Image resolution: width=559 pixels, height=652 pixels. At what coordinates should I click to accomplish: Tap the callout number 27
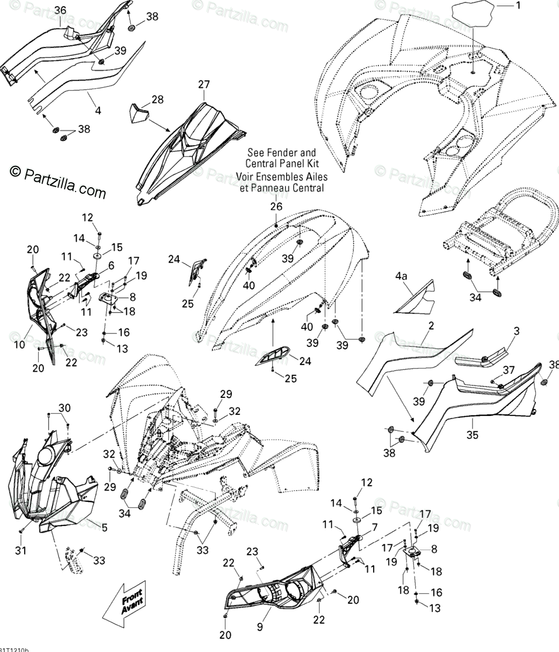tap(203, 84)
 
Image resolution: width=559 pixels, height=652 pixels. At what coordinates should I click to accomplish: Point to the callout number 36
tap(60, 10)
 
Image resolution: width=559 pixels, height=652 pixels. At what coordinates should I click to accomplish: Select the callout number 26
tap(276, 206)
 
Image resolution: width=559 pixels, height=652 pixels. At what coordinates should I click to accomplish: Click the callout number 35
tap(472, 435)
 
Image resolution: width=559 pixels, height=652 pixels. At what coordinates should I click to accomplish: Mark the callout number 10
tap(19, 345)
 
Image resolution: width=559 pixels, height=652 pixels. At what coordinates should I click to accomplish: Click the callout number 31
tap(21, 550)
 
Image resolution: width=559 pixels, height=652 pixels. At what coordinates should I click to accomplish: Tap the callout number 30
tap(65, 407)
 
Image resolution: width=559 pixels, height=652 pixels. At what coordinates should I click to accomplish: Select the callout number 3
tap(516, 331)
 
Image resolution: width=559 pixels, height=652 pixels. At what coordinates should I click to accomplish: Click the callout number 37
tap(509, 371)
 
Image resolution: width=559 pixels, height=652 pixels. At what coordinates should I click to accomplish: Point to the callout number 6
tap(111, 265)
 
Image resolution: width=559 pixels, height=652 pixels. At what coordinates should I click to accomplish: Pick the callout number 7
tap(375, 528)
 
